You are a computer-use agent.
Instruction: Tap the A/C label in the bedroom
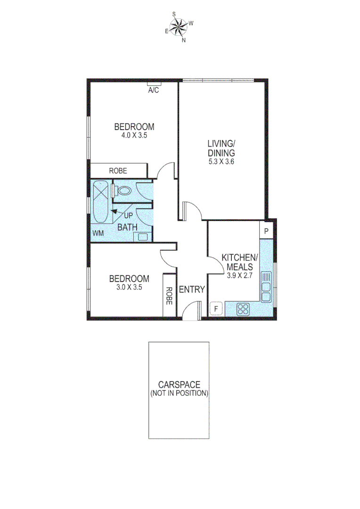(153, 90)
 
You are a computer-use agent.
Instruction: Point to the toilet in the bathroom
(123, 191)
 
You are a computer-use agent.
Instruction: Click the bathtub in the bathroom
(101, 202)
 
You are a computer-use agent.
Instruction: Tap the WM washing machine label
(98, 233)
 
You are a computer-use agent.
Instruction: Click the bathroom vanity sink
(144, 237)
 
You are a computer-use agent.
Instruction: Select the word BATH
(127, 227)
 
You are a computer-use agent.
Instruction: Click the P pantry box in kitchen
(266, 231)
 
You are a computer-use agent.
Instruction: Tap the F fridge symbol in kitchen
(216, 309)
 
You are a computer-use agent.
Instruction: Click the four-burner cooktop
(243, 309)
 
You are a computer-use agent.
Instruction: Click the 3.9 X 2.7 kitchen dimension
(240, 276)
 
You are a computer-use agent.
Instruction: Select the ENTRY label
(192, 289)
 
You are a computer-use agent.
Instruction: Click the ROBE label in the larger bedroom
(118, 171)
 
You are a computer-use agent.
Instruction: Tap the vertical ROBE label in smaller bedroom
(169, 295)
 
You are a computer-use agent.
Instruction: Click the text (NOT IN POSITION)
(179, 393)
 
